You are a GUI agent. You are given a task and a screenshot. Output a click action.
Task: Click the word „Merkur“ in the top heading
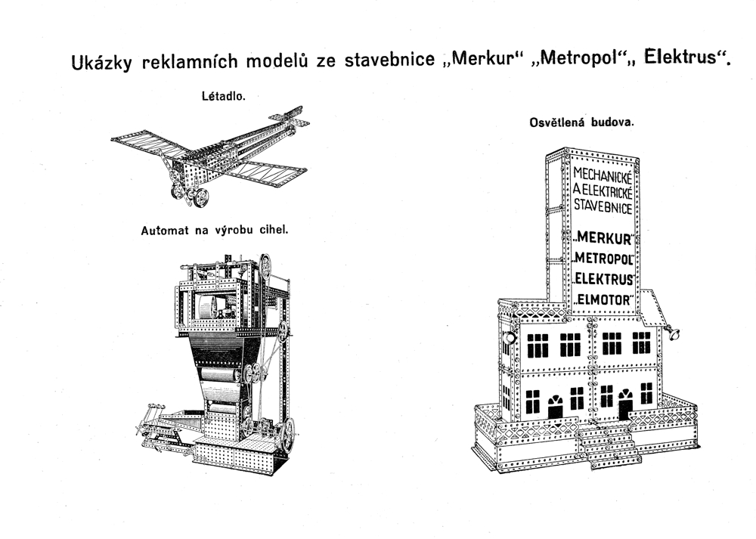pyautogui.click(x=477, y=59)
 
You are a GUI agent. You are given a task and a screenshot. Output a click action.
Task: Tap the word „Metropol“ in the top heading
pyautogui.click(x=572, y=59)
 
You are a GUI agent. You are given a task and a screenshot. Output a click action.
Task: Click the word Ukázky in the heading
pyautogui.click(x=101, y=63)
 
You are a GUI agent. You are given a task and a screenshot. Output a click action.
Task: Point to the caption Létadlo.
pyautogui.click(x=224, y=96)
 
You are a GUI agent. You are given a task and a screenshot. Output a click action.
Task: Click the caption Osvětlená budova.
pyautogui.click(x=581, y=122)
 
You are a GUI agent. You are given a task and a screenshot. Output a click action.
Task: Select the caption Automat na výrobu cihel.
pyautogui.click(x=215, y=231)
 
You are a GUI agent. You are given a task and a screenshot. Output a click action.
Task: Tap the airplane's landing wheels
pyautogui.click(x=191, y=196)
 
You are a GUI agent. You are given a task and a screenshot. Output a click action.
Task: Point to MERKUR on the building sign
pyautogui.click(x=603, y=238)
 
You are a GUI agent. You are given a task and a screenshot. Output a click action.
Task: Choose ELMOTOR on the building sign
pyautogui.click(x=604, y=300)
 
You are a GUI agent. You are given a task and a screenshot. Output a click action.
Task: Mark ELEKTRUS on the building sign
pyautogui.click(x=604, y=279)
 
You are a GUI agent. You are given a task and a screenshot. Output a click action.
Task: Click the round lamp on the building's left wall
pyautogui.click(x=509, y=337)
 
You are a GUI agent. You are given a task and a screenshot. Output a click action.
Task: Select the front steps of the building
pyautogui.click(x=609, y=445)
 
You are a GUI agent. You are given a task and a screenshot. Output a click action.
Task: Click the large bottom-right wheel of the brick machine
pyautogui.click(x=288, y=435)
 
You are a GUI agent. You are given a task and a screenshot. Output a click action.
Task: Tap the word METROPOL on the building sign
pyautogui.click(x=603, y=259)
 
